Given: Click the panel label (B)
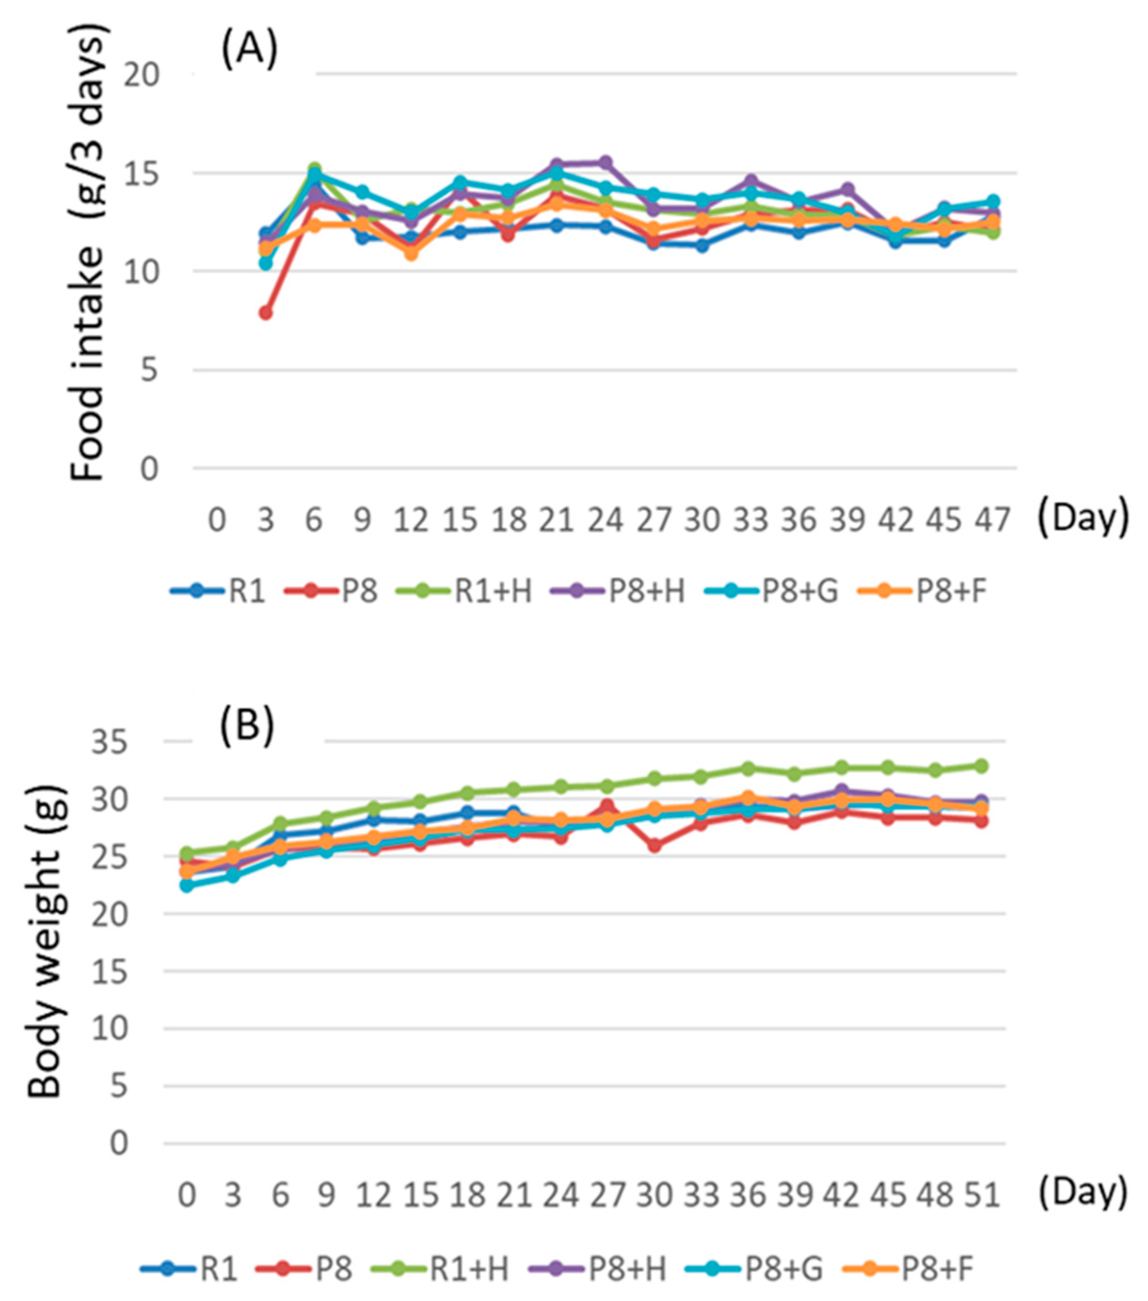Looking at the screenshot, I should point(247,726).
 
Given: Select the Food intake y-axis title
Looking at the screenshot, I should point(87,255).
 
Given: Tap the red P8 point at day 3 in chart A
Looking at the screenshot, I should point(265,313).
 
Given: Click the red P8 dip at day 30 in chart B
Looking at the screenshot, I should point(654,846).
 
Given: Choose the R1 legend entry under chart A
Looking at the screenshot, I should point(218,591).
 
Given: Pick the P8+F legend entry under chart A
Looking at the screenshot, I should point(923,591).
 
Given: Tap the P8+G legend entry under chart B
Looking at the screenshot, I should point(756,1268).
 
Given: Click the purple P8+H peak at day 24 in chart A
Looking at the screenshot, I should point(605,163).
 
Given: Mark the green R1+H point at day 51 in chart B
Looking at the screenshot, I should point(982,766).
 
